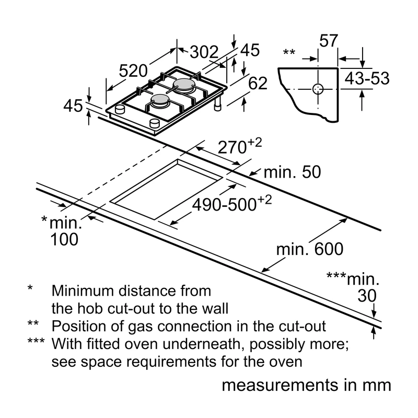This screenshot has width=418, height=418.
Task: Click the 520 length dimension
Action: click(133, 71)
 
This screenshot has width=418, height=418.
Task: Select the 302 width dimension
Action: click(204, 52)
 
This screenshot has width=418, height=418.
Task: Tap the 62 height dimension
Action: click(258, 84)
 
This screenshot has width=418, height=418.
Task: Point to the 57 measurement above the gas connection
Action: click(329, 41)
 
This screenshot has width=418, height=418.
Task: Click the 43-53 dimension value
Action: click(367, 78)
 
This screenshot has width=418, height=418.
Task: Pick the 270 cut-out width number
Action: click(231, 147)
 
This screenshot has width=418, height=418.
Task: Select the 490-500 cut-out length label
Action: click(224, 205)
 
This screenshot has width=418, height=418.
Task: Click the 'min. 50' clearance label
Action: click(292, 172)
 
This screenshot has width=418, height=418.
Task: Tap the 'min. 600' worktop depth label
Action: click(310, 249)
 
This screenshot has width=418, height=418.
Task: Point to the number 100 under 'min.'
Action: click(64, 239)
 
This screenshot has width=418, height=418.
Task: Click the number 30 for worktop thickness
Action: click(367, 296)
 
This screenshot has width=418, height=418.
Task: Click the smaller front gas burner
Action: click(160, 100)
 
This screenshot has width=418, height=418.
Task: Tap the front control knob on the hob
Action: click(155, 123)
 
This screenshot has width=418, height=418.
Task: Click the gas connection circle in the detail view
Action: click(318, 89)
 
